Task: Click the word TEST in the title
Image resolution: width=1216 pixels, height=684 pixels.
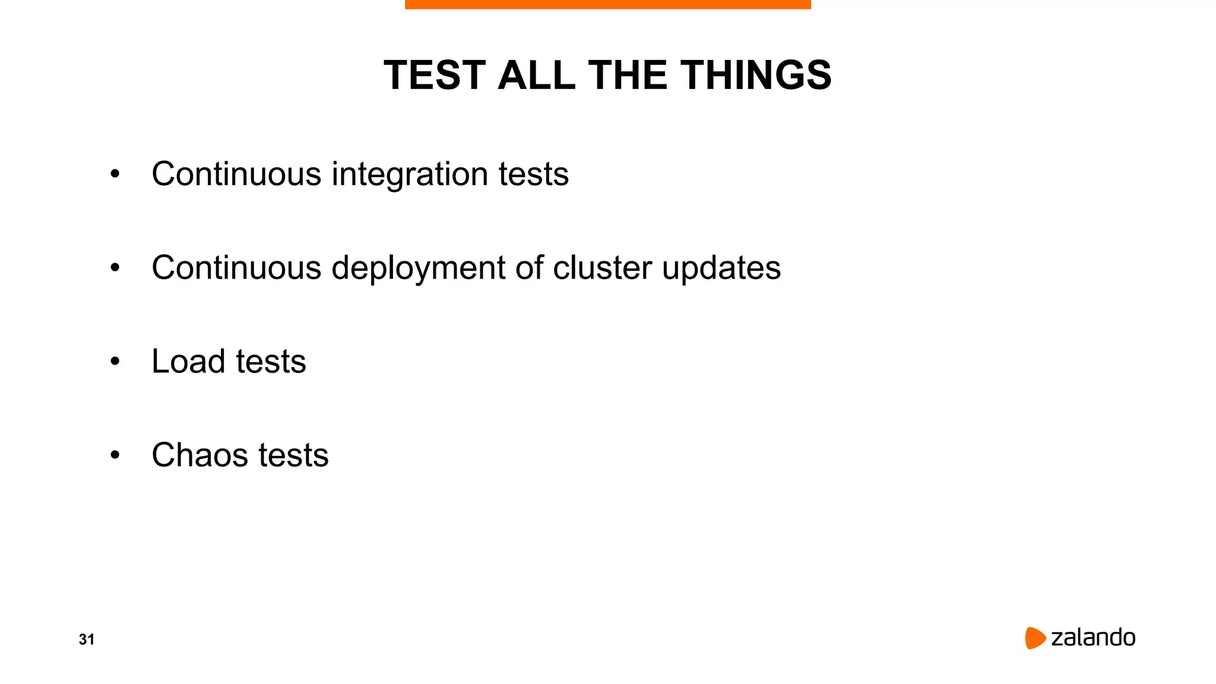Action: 435,75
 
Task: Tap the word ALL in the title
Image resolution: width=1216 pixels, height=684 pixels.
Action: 536,75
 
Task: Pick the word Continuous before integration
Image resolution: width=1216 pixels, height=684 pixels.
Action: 236,175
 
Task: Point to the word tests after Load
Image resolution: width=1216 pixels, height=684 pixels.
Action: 271,362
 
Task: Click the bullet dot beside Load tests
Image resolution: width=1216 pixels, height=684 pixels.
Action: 115,362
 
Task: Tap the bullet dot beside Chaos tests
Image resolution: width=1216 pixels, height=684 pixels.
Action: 115,455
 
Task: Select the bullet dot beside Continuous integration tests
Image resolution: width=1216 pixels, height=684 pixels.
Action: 115,175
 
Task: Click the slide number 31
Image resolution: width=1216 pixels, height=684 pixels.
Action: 87,639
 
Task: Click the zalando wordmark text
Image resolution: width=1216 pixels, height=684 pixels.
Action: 1093,638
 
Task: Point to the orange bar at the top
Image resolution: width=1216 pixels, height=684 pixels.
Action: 607,4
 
